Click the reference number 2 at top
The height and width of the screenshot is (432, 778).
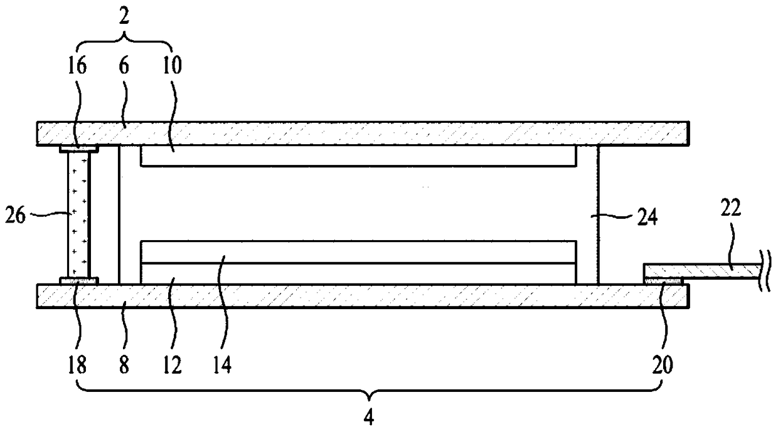(x=124, y=17)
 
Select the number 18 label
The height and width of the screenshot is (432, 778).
(x=78, y=365)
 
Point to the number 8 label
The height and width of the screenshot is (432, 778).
(x=124, y=365)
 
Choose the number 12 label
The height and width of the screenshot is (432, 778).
(x=171, y=365)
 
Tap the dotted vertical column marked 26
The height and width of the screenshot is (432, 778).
(x=78, y=214)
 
